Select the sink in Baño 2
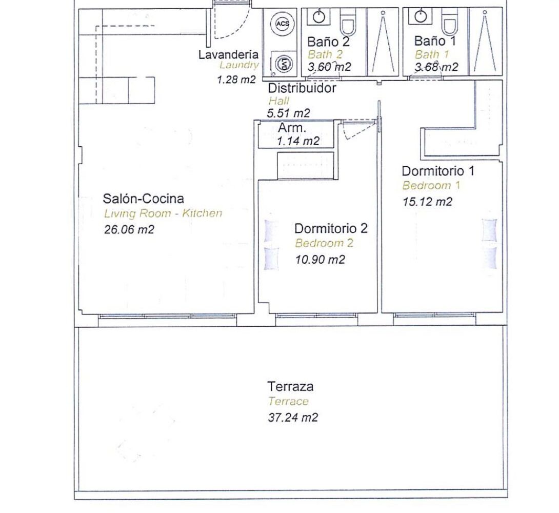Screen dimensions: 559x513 [318, 17]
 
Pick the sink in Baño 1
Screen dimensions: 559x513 [421, 16]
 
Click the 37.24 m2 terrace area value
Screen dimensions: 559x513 [293, 417]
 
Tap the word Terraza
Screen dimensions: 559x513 [291, 386]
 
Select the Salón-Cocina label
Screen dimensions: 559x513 [143, 198]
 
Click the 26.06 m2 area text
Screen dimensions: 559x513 [129, 229]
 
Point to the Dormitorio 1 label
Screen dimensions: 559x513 [438, 171]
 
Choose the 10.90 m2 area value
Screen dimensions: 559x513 [320, 259]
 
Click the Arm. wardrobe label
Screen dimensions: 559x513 [292, 127]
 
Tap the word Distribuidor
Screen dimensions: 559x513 [302, 88]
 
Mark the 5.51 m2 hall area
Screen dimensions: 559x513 [288, 113]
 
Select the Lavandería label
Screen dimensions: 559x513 [228, 54]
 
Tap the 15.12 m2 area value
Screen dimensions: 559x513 [427, 202]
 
